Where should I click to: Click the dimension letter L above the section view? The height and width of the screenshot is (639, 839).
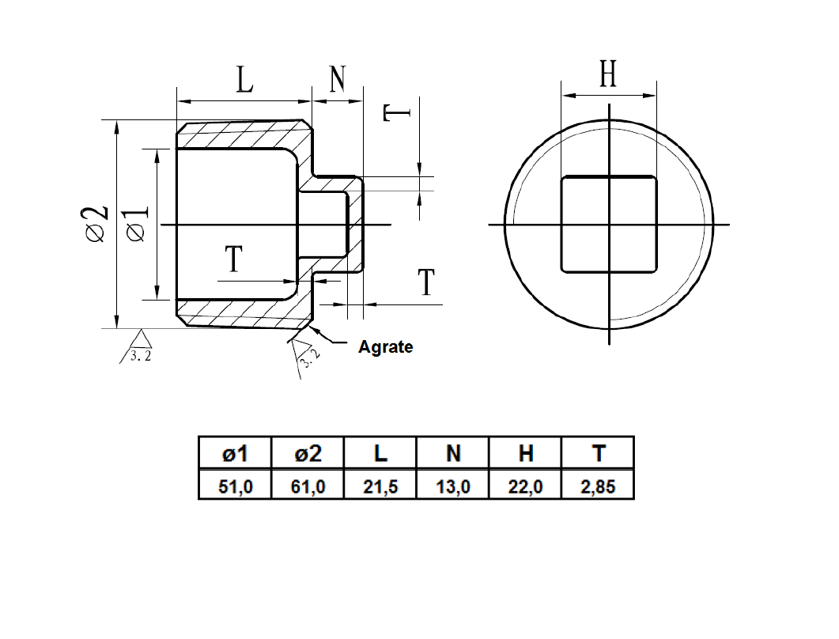click(245, 81)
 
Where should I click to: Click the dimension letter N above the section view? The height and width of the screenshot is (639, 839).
click(338, 79)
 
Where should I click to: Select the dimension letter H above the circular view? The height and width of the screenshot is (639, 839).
click(607, 75)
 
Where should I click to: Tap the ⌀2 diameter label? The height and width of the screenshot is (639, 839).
click(96, 224)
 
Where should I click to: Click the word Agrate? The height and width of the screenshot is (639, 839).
click(385, 346)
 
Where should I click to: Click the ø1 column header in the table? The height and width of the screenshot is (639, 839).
click(235, 454)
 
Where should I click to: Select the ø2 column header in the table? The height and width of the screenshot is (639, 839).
click(308, 454)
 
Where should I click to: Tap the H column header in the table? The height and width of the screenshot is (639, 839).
click(526, 454)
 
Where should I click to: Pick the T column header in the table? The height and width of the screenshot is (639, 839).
click(598, 454)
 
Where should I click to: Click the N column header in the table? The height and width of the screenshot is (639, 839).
click(453, 454)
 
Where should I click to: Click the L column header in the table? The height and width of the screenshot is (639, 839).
click(380, 454)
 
